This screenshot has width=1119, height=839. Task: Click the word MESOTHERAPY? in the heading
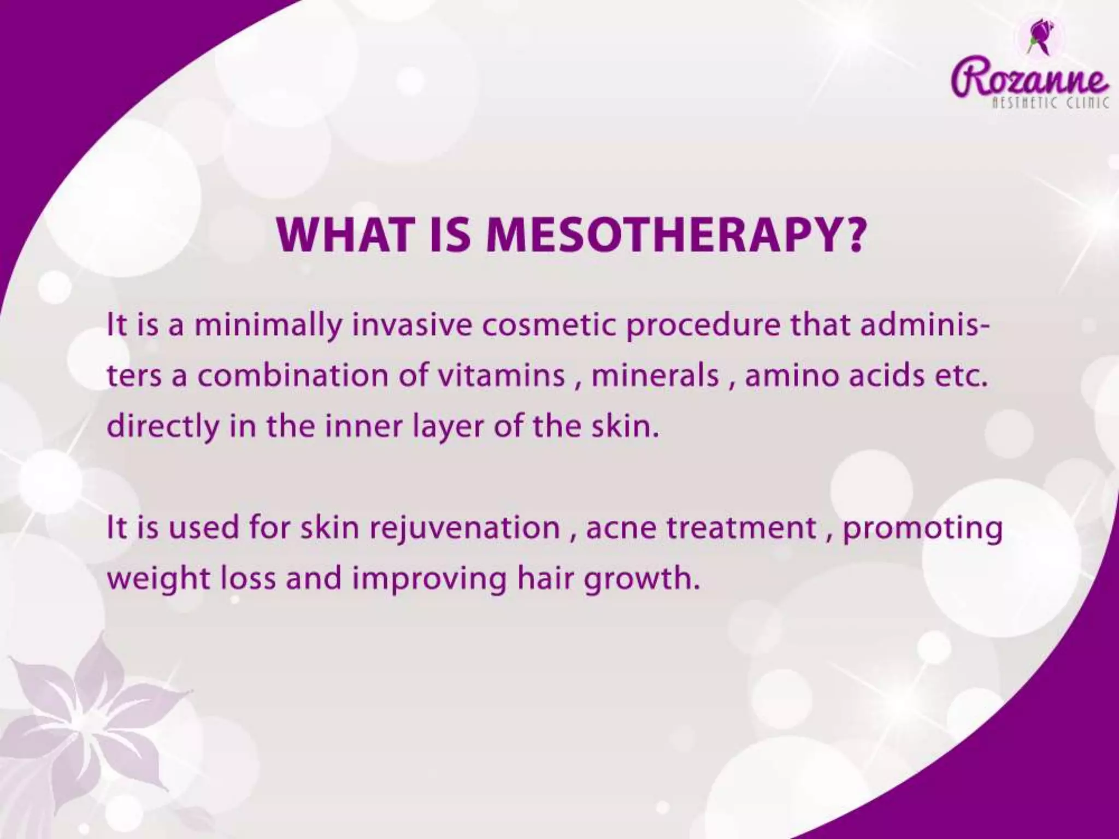tap(676, 236)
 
